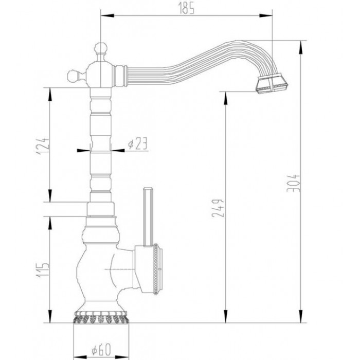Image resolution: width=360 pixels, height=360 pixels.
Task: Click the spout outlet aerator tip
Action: pyautogui.click(x=271, y=84)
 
